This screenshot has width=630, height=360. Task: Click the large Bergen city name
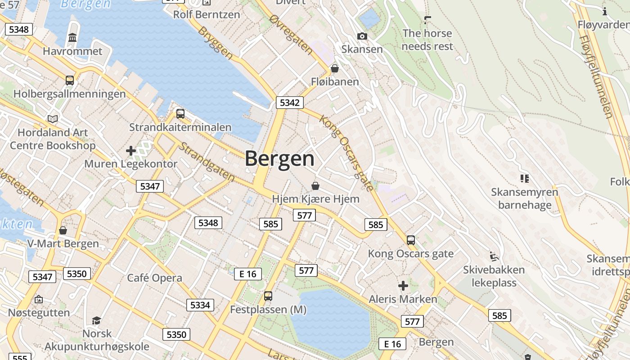[279, 159]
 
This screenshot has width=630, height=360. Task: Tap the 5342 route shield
[289, 103]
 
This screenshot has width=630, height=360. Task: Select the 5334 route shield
[200, 305]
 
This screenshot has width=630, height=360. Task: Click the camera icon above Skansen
[362, 36]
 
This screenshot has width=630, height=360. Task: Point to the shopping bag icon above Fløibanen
[335, 69]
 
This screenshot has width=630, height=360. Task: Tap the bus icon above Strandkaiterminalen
[180, 114]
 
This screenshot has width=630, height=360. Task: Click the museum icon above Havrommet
[72, 38]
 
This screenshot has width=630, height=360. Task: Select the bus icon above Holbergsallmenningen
[70, 81]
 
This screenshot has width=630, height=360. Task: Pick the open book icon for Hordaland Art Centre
[53, 119]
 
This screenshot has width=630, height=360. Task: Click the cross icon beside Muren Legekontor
[131, 151]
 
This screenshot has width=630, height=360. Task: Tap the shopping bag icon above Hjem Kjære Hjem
[315, 186]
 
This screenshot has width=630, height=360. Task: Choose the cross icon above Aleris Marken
[403, 286]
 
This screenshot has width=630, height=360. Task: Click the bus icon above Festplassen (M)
[268, 296]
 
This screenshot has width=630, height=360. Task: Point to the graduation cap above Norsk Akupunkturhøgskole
[96, 320]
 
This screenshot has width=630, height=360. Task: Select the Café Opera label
[154, 278]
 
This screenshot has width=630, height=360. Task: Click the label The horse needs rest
[427, 40]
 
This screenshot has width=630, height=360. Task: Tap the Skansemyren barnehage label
[524, 198]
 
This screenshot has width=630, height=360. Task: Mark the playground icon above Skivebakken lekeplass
[494, 256]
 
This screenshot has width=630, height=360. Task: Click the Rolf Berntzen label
[207, 14]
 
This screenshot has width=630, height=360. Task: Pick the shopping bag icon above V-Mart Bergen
[63, 230]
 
